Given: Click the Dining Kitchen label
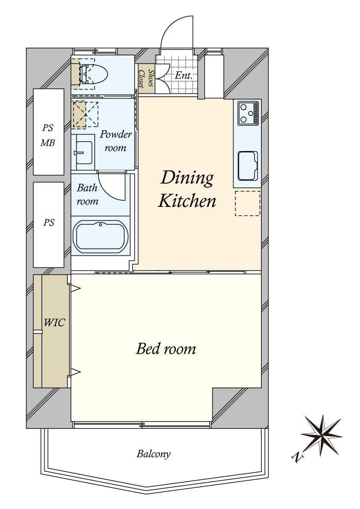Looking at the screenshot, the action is pyautogui.click(x=187, y=189).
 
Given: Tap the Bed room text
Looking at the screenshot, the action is pyautogui.click(x=166, y=349).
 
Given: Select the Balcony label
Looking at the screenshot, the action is pyautogui.click(x=154, y=454).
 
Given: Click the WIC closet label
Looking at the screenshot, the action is pyautogui.click(x=54, y=323).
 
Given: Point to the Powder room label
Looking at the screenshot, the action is pyautogui.click(x=115, y=141).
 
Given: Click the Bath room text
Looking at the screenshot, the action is pyautogui.click(x=87, y=194).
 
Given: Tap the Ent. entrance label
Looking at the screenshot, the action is pyautogui.click(x=184, y=76).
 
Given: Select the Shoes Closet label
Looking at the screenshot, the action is pyautogui.click(x=146, y=78).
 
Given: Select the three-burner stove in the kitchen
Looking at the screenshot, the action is pyautogui.click(x=248, y=113).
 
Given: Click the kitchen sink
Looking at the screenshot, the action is pyautogui.click(x=248, y=166).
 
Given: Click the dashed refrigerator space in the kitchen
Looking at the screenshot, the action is pyautogui.click(x=248, y=203).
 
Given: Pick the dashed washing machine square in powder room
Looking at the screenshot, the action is pyautogui.click(x=85, y=114).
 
